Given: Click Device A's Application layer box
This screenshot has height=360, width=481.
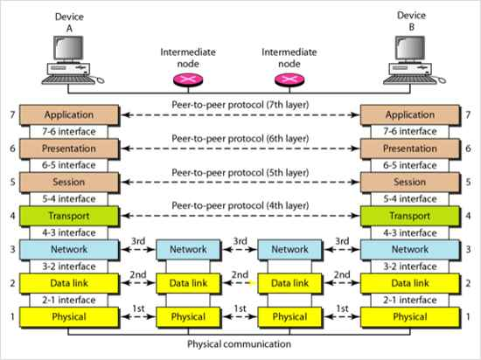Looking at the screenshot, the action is (x=69, y=114).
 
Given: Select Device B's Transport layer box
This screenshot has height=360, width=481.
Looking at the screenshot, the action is (x=410, y=216).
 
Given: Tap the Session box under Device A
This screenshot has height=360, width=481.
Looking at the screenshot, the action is (x=69, y=183).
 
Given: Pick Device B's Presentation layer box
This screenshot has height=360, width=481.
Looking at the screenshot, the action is (x=410, y=149).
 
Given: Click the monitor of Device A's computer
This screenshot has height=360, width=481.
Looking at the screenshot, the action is (x=68, y=48).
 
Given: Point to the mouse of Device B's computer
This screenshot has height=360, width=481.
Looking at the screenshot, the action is (x=442, y=80).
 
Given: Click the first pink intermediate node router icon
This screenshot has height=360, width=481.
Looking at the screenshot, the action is (x=188, y=80).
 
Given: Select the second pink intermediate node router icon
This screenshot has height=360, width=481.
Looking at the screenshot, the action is (x=289, y=80).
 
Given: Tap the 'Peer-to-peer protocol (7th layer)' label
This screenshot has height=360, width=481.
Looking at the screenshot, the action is (x=240, y=105).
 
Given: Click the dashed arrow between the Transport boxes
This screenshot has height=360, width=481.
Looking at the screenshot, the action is (x=240, y=216).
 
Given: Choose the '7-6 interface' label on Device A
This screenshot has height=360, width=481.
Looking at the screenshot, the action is (x=69, y=132).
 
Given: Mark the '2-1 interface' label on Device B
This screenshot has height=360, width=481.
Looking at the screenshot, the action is (x=410, y=300).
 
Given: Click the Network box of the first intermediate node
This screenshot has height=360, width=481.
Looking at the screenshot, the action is (x=188, y=249).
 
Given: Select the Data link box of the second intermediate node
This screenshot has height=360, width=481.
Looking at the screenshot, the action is (x=289, y=283).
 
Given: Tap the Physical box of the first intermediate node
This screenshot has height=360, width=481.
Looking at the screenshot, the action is (x=188, y=317).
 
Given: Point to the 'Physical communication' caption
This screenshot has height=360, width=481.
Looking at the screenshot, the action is (x=240, y=344).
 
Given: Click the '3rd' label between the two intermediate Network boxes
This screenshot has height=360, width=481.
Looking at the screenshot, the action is (x=240, y=241).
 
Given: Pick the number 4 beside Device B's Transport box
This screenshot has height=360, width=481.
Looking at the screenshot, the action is (x=468, y=216).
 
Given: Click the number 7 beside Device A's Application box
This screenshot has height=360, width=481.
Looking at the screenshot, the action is (x=12, y=114).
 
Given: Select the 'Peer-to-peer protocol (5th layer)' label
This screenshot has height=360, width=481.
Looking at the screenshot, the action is (x=240, y=172).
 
